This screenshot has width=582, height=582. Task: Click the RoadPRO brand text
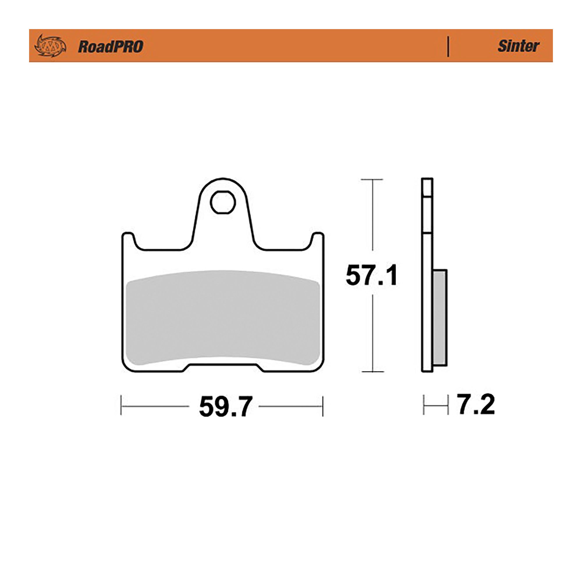[111, 47]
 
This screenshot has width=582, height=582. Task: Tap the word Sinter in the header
[518, 46]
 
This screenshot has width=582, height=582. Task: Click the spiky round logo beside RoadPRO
[50, 46]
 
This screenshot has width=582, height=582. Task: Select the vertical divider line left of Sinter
[448, 46]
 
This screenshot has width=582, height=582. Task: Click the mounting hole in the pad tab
[223, 203]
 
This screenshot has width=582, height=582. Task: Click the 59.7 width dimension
[225, 407]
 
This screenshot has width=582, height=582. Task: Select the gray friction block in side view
[440, 317]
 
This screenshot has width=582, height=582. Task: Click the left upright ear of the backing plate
[128, 239]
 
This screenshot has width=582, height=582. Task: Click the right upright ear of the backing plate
[317, 239]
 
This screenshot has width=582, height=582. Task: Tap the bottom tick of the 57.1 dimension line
[372, 372]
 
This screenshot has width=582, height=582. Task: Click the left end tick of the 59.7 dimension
[121, 406]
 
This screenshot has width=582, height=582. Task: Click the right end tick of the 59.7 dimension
[323, 406]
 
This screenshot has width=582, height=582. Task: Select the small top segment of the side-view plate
[427, 188]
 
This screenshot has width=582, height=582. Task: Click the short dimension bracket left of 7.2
[436, 405]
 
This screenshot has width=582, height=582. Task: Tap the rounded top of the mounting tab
[223, 180]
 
